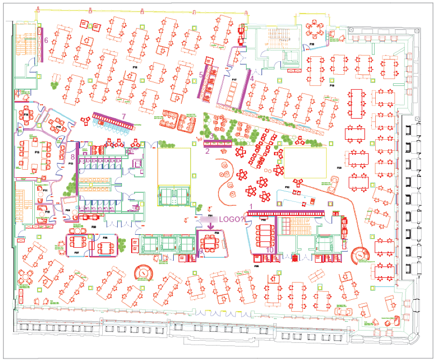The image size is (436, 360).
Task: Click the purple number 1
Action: pos(250,207)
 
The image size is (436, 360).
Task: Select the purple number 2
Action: pos(207,151)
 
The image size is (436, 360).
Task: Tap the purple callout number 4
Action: pos(251,74)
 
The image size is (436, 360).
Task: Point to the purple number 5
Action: pos(201,74)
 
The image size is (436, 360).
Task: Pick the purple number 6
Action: pos(46,40)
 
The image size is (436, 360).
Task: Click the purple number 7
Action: pos(123,116)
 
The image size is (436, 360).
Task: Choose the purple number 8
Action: pos(73,157)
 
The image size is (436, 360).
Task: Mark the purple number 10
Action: pos(270,250)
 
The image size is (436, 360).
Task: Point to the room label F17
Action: pos(234,79)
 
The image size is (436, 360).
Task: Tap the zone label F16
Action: pos(135,68)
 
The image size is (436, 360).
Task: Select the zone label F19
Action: pos(332,85)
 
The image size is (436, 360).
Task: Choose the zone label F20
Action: pos(339,168)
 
